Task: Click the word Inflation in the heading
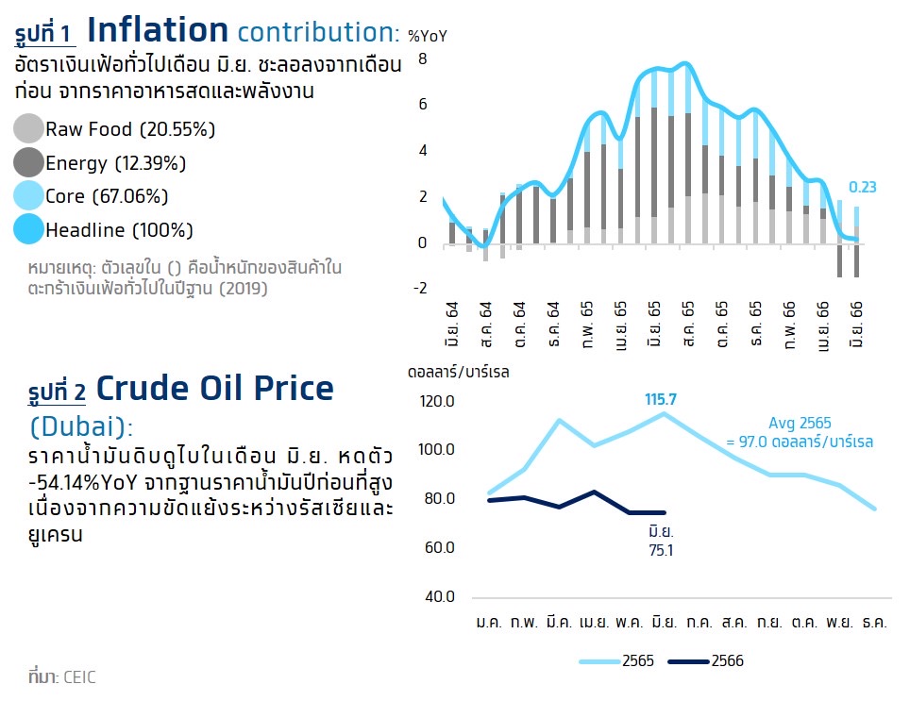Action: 158,30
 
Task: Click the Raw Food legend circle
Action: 29,128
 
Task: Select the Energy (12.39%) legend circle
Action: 29,162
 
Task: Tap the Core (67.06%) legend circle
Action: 29,196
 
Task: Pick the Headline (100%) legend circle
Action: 29,229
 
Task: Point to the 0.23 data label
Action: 864,187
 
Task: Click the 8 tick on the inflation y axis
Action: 423,58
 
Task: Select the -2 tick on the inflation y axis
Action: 421,289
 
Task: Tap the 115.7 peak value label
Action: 660,399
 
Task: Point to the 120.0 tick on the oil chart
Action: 438,401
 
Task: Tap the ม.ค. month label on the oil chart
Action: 489,624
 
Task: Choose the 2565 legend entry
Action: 635,661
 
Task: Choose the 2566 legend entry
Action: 727,661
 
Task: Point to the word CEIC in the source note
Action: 79,676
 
